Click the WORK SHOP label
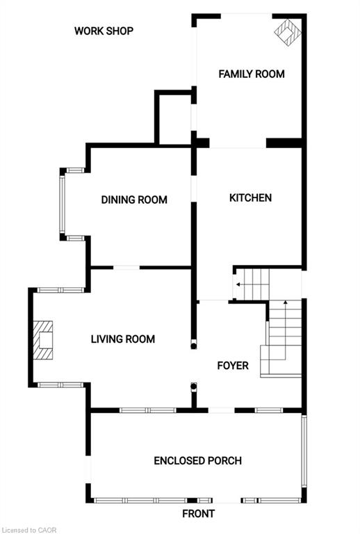(104, 31)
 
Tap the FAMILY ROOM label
(252, 74)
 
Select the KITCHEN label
(250, 197)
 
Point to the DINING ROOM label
(134, 200)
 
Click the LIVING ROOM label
(122, 339)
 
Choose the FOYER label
(232, 365)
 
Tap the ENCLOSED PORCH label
(197, 460)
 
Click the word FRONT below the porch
(198, 514)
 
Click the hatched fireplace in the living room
(44, 340)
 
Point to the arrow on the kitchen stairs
(238, 284)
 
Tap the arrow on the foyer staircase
(284, 304)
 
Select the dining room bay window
(62, 204)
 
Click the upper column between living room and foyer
(194, 343)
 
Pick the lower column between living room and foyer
(195, 387)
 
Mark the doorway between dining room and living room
(126, 268)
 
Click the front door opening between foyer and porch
(221, 410)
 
